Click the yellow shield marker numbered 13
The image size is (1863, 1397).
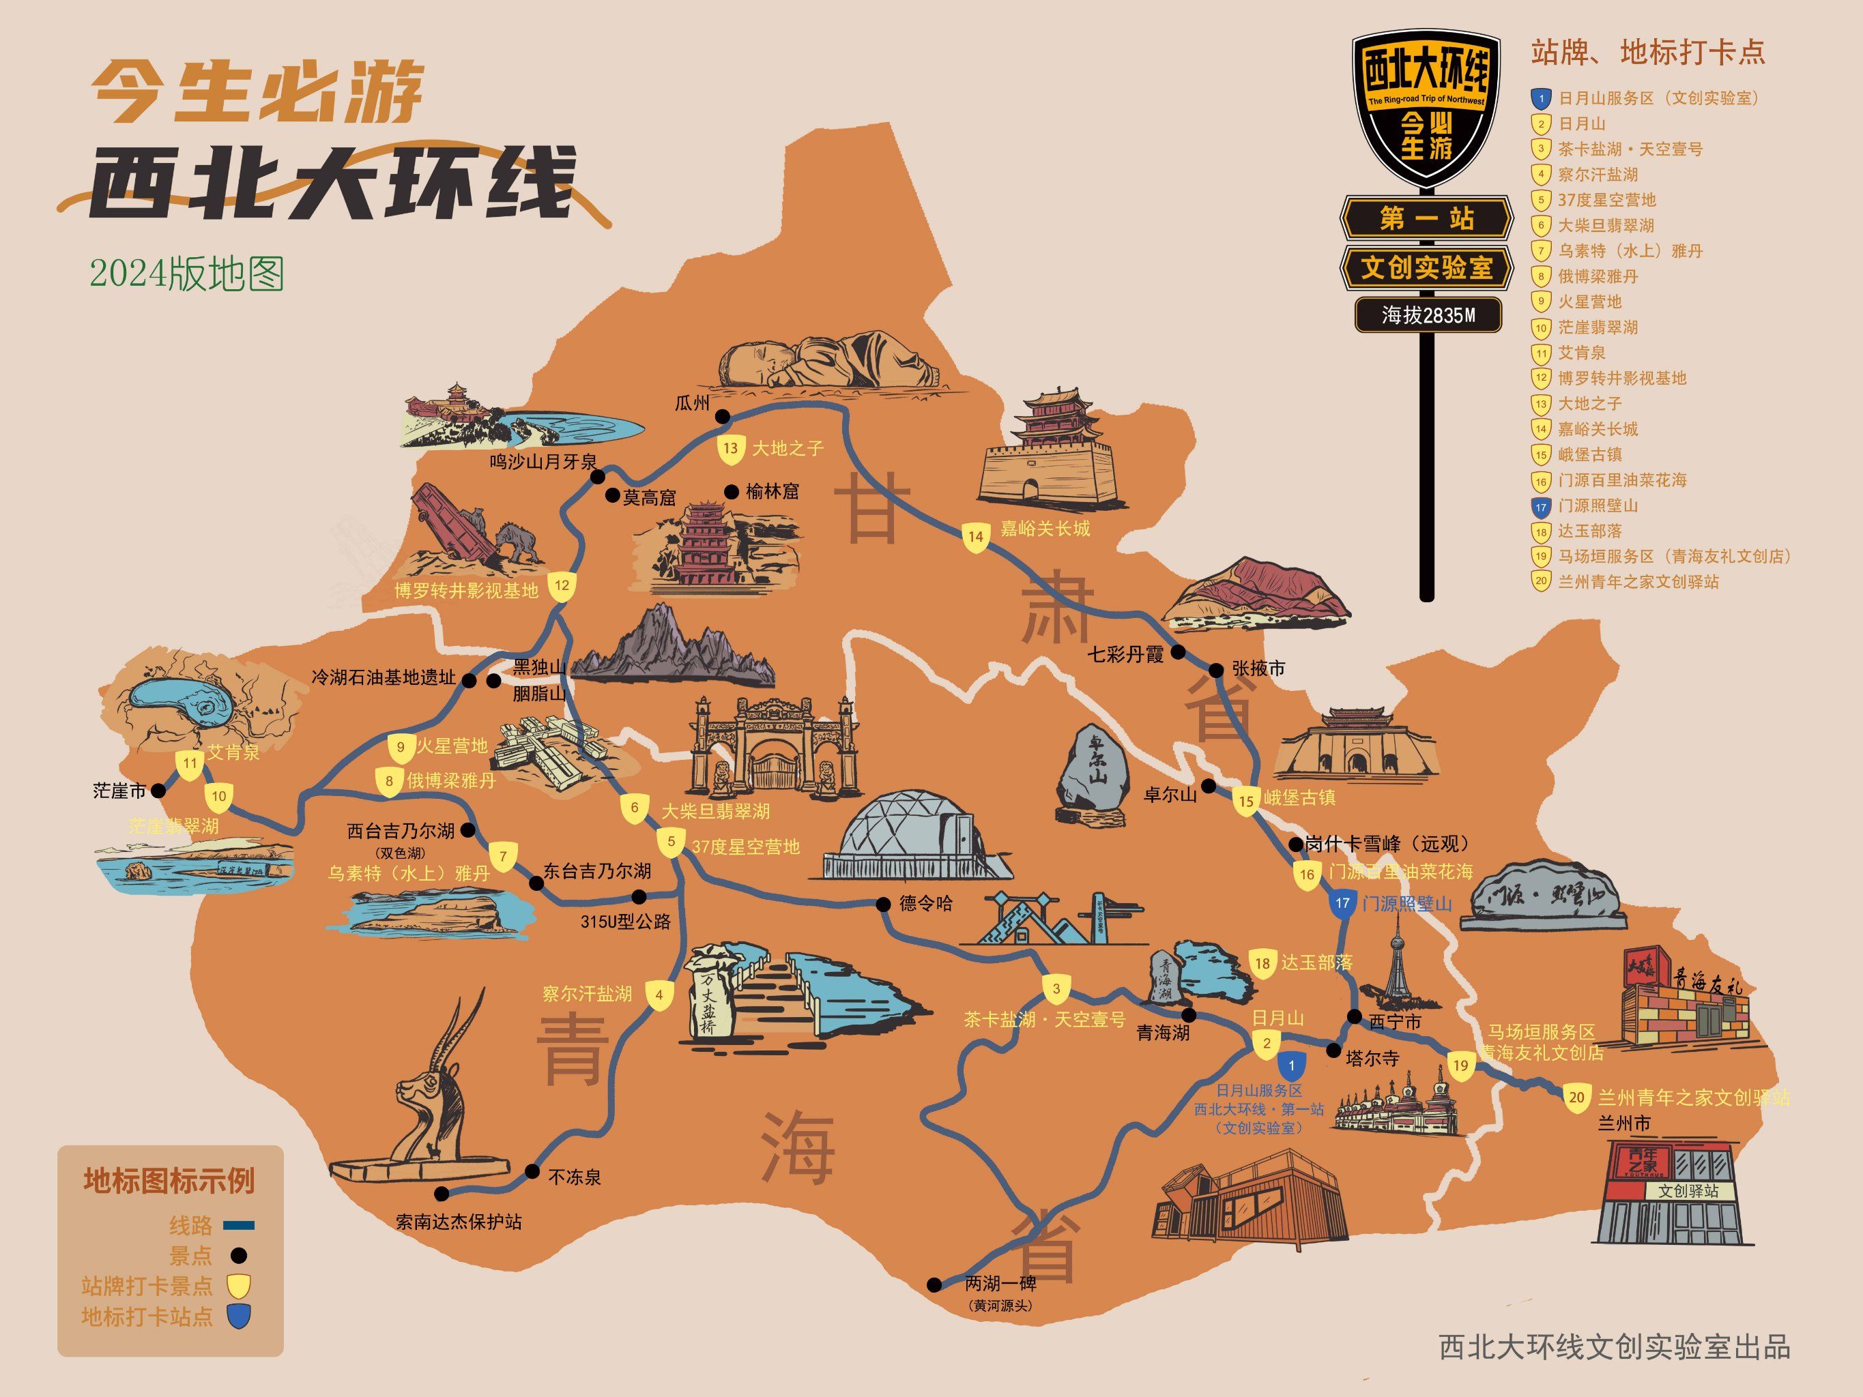pos(730,449)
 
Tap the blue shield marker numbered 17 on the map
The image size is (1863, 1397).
pos(1342,904)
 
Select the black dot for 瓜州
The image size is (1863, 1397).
pos(723,416)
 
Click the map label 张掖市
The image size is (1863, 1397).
pos(1258,668)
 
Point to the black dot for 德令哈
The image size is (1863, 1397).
pos(882,905)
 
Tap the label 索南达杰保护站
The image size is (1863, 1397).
pos(459,1222)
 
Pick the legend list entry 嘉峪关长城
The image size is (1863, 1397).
pos(1597,430)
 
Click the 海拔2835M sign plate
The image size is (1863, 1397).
pos(1428,315)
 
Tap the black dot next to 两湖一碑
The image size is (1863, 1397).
pos(934,1285)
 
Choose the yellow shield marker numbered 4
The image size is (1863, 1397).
pos(659,995)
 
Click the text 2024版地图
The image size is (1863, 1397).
pos(187,274)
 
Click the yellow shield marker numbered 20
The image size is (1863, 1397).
pos(1576,1098)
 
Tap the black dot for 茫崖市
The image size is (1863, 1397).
pos(158,791)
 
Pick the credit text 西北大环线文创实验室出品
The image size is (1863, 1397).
pos(1615,1347)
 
